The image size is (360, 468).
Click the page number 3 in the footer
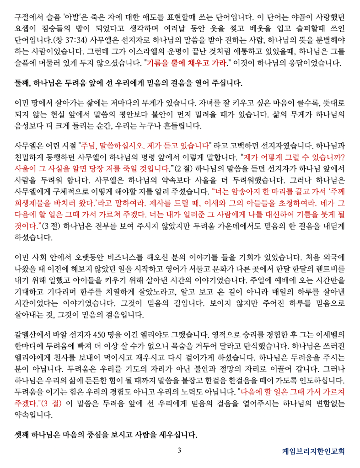coord(180,451)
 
